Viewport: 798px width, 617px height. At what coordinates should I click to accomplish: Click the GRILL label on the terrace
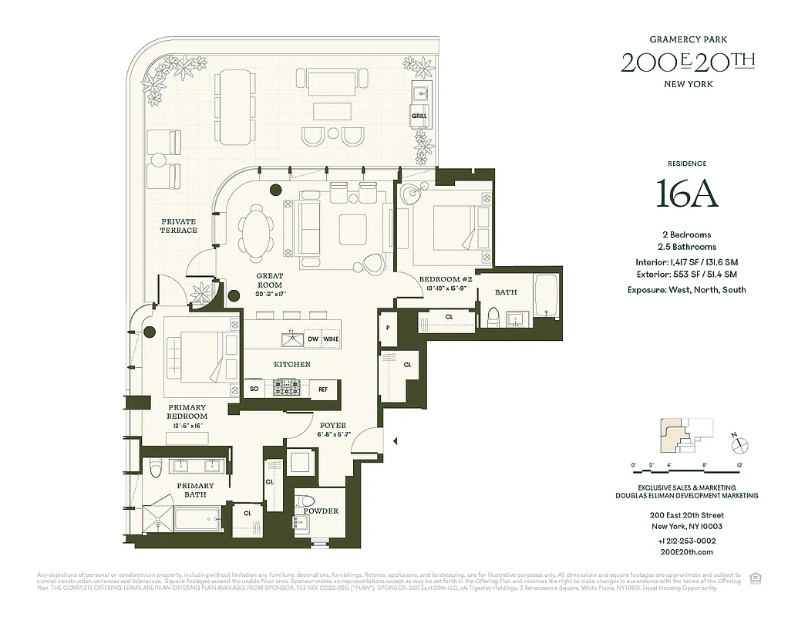419,116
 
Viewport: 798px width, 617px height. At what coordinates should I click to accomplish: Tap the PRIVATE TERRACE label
178,226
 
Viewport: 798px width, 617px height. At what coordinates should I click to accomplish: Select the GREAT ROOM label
270,280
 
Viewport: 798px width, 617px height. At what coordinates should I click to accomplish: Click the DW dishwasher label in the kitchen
313,339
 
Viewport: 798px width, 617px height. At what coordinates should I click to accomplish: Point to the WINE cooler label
331,339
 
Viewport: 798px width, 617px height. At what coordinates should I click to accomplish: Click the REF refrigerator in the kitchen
323,389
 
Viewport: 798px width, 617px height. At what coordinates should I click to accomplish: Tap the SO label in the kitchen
254,389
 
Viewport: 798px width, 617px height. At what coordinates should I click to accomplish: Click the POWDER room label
320,511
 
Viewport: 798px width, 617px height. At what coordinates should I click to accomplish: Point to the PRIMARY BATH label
195,491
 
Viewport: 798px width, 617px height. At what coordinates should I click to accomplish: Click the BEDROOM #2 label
445,279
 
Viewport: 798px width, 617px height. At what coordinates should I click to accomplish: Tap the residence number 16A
687,194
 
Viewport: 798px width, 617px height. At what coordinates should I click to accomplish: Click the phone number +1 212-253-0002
687,541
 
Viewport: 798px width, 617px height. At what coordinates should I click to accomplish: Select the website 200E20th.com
687,551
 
